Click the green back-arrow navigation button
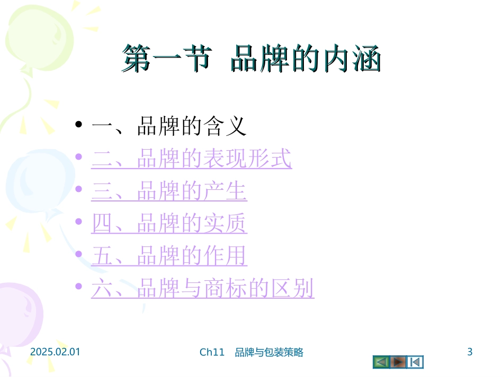pos(381,362)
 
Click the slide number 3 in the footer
pos(470,352)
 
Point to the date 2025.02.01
pos(55,352)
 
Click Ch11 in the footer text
pos(212,353)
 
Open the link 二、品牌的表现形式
pos(191,159)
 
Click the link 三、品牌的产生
pos(169,192)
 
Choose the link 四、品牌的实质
pos(169,225)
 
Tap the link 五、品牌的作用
pos(169,257)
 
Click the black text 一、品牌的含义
pos(169,127)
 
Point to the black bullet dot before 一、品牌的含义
pos(79,125)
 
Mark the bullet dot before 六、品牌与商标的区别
pos(79,287)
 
